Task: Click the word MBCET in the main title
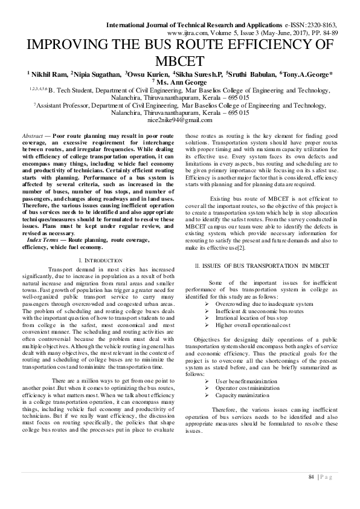click(180, 60)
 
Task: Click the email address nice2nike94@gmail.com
click(180, 120)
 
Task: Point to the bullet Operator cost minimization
click(249, 388)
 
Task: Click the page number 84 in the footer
click(311, 478)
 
